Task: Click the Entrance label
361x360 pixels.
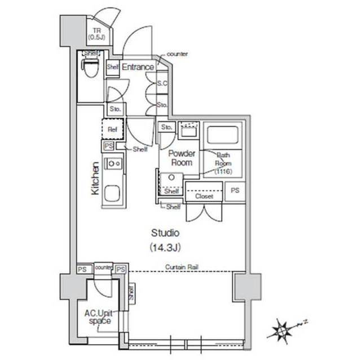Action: point(138,67)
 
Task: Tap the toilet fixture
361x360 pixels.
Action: point(91,67)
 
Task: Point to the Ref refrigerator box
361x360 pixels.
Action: point(112,129)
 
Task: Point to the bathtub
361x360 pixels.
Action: point(223,135)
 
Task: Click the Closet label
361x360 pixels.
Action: point(204,197)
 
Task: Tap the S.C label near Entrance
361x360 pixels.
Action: point(162,84)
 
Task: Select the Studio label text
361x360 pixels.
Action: point(165,232)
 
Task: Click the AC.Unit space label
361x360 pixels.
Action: point(97,317)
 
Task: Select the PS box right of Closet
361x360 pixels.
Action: point(235,191)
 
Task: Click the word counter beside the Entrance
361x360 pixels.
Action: point(178,54)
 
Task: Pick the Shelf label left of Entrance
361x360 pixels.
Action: point(112,67)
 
